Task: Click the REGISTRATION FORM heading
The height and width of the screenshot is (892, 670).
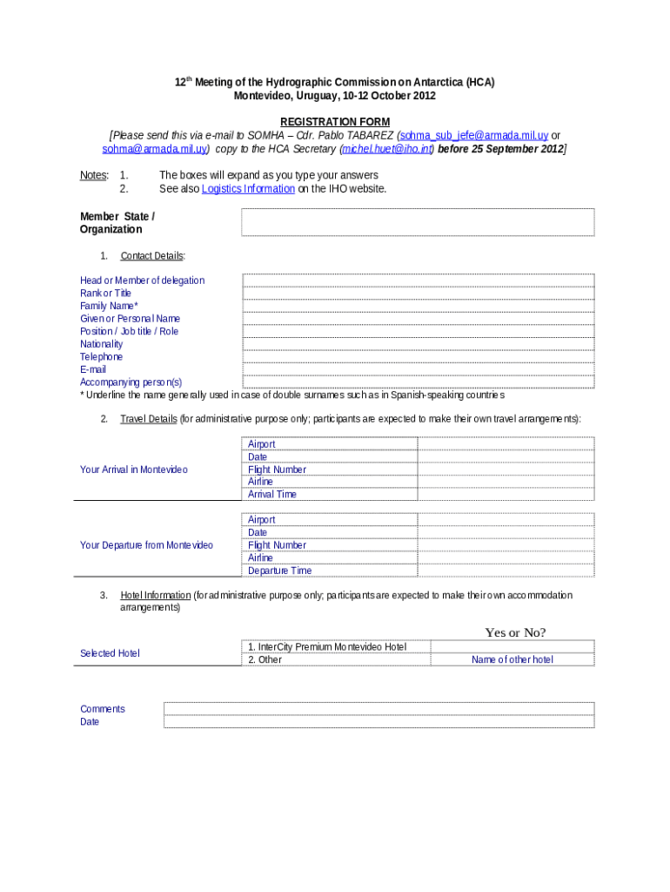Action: [x=334, y=121]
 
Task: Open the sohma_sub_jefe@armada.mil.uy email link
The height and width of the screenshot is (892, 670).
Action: [x=473, y=136]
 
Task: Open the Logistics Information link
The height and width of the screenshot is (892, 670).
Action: [x=248, y=189]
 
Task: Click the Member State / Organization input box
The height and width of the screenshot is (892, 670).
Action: [x=418, y=222]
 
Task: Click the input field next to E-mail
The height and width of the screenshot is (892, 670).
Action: [x=418, y=369]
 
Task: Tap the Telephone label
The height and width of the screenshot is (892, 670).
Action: [x=101, y=356]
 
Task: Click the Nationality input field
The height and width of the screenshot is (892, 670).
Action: [x=418, y=344]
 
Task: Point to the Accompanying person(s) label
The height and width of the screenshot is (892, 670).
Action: [x=131, y=382]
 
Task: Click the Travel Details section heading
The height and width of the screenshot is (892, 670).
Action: [x=148, y=419]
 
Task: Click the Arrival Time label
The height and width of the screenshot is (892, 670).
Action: [x=271, y=494]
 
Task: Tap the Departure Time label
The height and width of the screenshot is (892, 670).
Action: [x=279, y=571]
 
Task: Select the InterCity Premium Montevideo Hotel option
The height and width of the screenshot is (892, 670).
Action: [x=327, y=647]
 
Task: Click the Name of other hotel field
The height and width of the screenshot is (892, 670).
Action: [x=512, y=659]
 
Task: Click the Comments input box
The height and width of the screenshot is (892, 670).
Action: [x=379, y=709]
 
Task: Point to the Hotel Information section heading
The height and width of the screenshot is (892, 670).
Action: [x=155, y=595]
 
